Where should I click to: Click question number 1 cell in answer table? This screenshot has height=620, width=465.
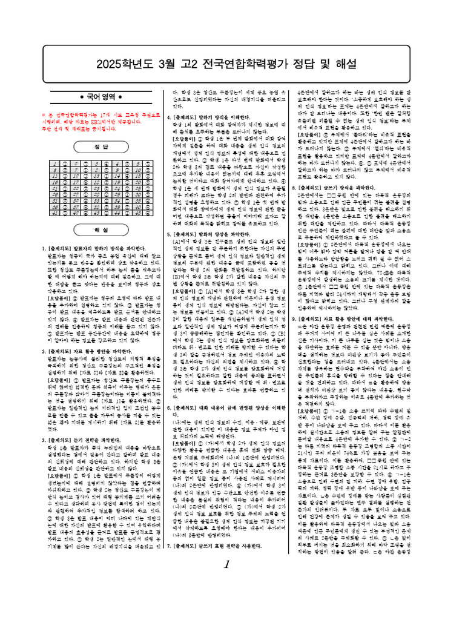[55, 163]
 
